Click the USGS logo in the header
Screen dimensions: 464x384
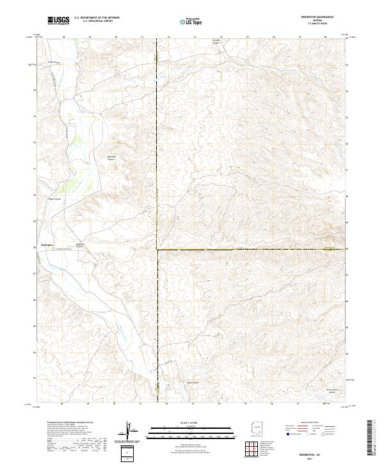tap(60, 20)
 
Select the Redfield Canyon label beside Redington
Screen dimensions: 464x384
tap(80, 245)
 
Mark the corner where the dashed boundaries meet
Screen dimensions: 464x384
tap(158, 249)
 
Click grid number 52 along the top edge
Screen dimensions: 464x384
tap(168, 37)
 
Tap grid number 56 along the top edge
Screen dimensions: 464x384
tap(273, 37)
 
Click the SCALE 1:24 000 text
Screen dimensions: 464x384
tap(191, 422)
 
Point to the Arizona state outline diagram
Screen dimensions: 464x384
tap(256, 431)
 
